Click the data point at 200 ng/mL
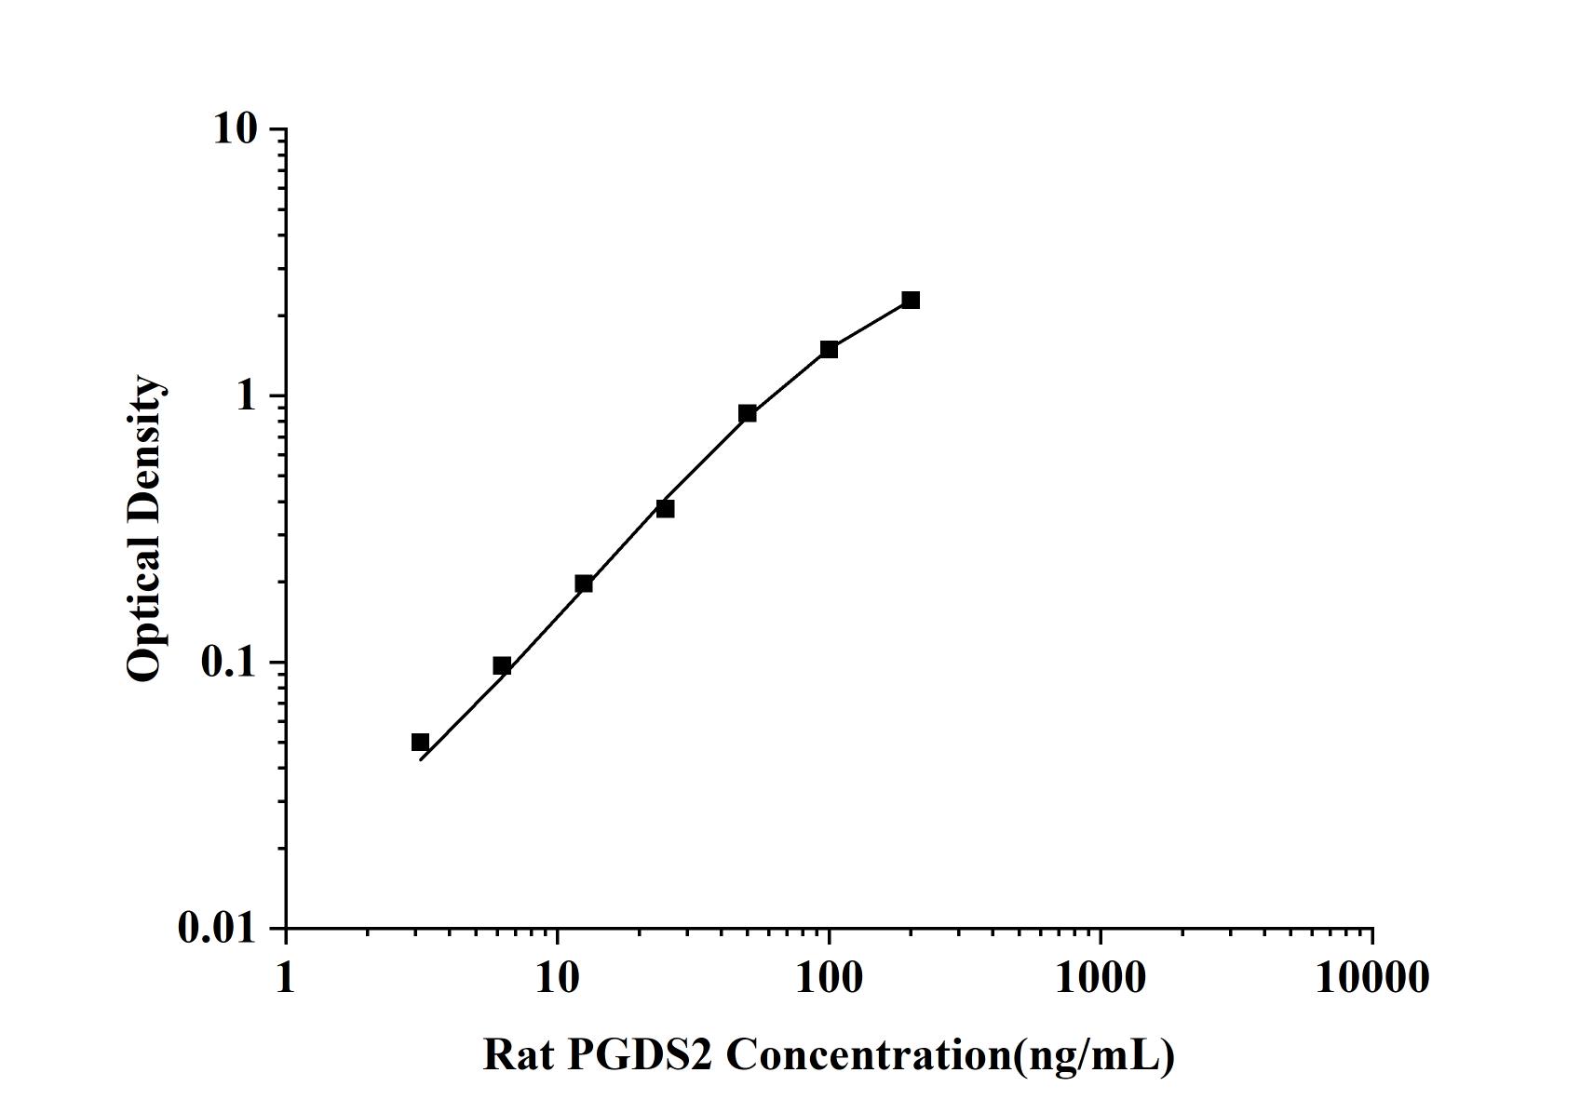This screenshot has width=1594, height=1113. pos(911,300)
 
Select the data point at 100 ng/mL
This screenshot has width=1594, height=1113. pos(829,349)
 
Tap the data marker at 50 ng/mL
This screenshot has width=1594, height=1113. pos(747,413)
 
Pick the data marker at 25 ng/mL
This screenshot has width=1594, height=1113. pos(665,508)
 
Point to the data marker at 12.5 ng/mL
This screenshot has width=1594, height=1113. pos(584,583)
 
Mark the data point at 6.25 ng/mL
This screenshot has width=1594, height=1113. pos(502,665)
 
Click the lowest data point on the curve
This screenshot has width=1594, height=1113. pos(420,742)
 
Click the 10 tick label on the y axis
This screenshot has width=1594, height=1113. pos(235,129)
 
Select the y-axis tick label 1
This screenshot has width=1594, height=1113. pos(246,396)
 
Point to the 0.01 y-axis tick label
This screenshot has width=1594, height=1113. pos(217,929)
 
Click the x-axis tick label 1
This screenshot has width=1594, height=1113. pos(285,978)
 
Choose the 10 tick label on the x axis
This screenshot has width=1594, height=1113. pos(557,978)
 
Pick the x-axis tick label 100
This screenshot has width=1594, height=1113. pos(829,978)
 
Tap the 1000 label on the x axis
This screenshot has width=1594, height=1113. pos(1101,978)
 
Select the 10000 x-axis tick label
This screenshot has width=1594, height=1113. pos(1371,978)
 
